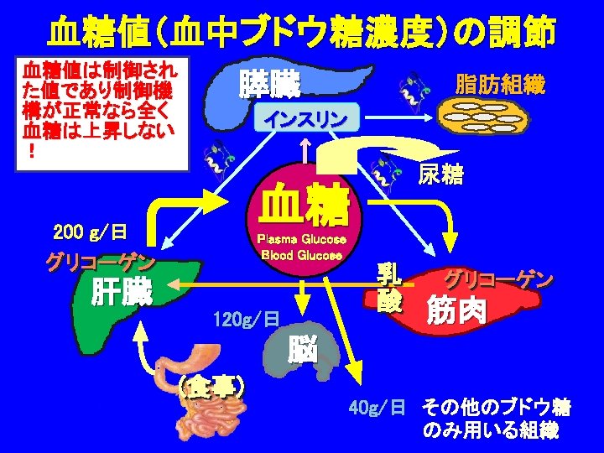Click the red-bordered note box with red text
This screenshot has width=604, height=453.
pos(106,108)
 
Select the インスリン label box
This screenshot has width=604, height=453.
pos(305,119)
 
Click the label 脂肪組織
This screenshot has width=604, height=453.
pos(499,85)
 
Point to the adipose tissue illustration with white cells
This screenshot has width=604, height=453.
pos(491,118)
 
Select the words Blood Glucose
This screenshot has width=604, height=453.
pos(302,254)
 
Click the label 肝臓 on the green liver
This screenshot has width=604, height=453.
pos(122,294)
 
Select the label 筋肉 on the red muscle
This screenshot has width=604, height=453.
pos(456,310)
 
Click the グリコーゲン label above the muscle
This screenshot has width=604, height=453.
pos(498,279)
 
